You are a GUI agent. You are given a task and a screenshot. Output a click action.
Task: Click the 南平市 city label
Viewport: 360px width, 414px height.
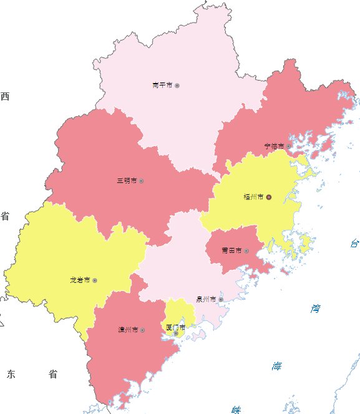[x=162, y=85]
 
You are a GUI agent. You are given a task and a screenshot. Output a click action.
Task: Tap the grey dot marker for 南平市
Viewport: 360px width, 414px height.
[x=177, y=85]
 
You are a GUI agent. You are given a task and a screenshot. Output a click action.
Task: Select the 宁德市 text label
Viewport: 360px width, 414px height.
[x=274, y=145]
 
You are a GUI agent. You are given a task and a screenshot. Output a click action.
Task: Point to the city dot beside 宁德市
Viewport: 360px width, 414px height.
[x=289, y=146]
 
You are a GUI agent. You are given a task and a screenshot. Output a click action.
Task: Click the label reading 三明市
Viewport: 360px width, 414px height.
[x=127, y=180]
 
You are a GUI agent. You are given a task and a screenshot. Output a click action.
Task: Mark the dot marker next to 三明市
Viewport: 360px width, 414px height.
[x=142, y=180]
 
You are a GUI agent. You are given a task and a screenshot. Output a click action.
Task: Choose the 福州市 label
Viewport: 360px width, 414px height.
[x=253, y=197]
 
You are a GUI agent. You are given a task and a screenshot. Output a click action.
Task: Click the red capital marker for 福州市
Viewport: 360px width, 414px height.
[x=269, y=197]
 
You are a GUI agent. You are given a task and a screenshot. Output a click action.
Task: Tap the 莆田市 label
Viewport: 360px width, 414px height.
[x=231, y=250]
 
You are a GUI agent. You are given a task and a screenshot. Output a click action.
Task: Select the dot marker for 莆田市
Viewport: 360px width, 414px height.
[x=246, y=250]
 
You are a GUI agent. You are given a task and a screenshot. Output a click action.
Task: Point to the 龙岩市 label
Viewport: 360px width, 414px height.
[x=80, y=280]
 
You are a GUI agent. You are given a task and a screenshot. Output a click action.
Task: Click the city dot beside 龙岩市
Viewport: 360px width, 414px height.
[x=95, y=280]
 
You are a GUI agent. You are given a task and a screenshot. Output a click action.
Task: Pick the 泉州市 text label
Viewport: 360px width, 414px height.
[x=206, y=299]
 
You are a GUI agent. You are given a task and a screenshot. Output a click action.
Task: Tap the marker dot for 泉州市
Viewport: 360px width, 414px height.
[x=221, y=300]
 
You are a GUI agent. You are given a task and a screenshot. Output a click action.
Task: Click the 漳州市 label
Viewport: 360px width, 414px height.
[x=128, y=329]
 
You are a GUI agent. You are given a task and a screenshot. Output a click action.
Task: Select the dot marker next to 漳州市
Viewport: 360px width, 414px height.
[x=143, y=329]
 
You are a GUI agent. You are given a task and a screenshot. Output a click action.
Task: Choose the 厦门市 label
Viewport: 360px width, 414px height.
[x=175, y=327]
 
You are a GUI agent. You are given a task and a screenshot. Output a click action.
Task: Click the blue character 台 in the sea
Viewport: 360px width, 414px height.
[x=354, y=244]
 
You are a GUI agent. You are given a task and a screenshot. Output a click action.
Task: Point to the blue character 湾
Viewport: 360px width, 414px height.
[x=316, y=308]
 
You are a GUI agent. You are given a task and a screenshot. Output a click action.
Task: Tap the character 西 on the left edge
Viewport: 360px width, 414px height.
[x=5, y=96]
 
